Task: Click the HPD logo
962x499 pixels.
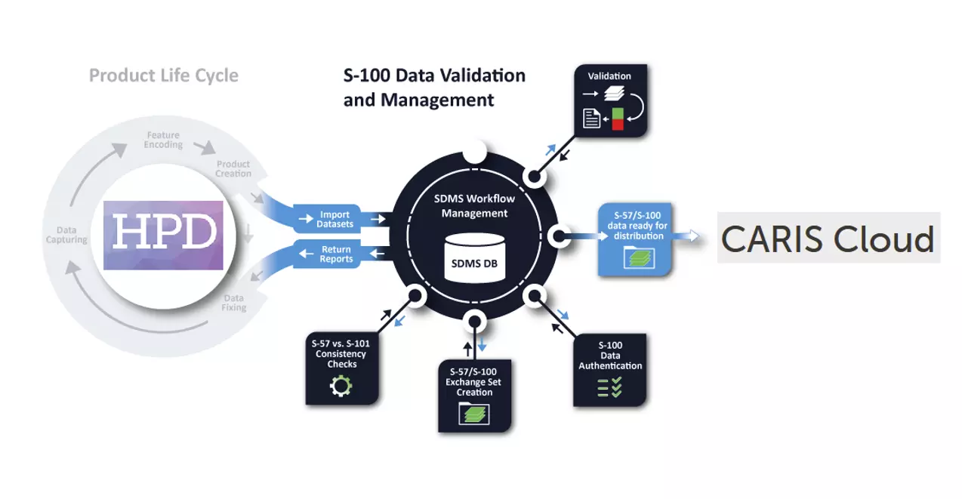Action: point(163,235)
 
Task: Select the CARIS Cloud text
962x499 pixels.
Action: point(828,239)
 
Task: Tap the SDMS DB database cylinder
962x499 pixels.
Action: point(474,257)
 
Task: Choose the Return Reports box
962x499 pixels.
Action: point(335,254)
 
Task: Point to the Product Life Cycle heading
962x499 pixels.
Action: point(163,75)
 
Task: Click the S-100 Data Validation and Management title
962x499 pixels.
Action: point(434,88)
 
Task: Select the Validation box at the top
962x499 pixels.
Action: point(610,100)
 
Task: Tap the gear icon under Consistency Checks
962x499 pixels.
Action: point(341,387)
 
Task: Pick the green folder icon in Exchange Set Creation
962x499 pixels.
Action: point(474,414)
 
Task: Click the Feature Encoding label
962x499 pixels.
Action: point(163,140)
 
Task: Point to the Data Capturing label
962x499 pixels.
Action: point(66,235)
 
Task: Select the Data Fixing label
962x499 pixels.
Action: point(233,303)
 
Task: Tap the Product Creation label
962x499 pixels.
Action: point(233,168)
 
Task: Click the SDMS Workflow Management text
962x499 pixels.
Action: point(474,205)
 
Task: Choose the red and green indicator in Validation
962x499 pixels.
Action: point(618,119)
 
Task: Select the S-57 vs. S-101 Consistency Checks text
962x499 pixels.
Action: point(341,353)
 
